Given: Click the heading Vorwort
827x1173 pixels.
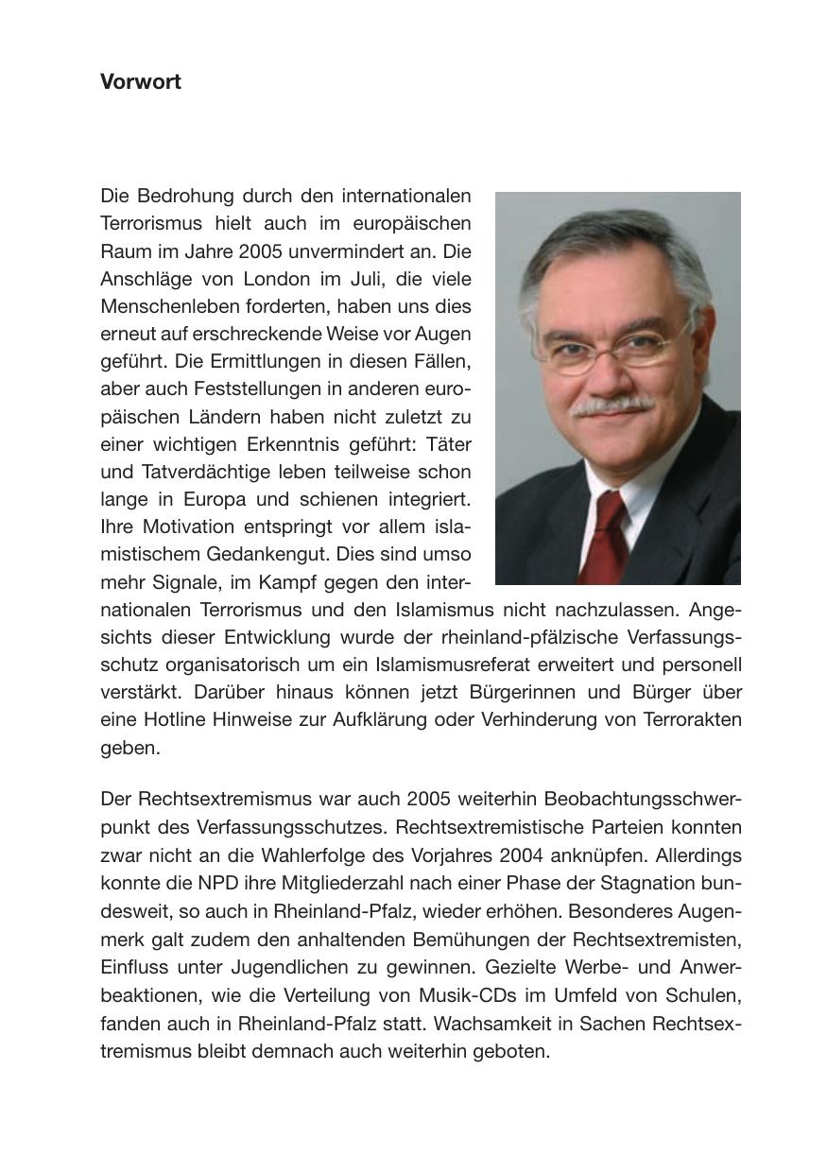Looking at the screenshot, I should (x=141, y=82).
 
